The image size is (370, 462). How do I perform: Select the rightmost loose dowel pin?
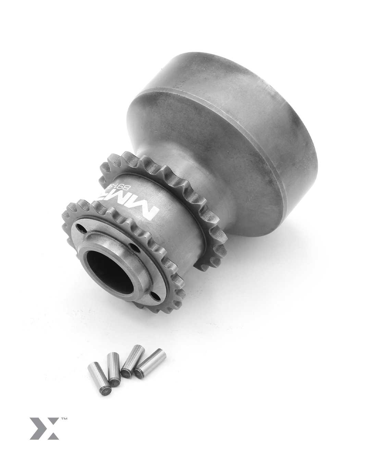(150, 363)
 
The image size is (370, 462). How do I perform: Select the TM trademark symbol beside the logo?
(64, 419)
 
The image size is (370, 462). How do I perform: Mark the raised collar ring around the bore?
(137, 270)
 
